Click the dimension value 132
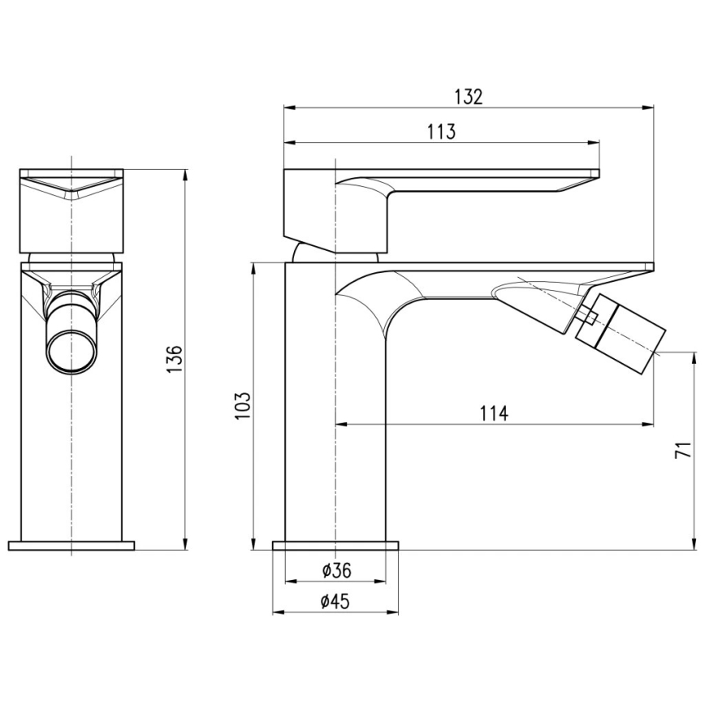469,97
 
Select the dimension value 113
440,132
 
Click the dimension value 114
493,413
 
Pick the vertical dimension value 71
684,452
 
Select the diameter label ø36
335,570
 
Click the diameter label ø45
335,601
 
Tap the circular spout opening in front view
71,348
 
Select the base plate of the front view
71,545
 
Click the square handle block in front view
71,210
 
